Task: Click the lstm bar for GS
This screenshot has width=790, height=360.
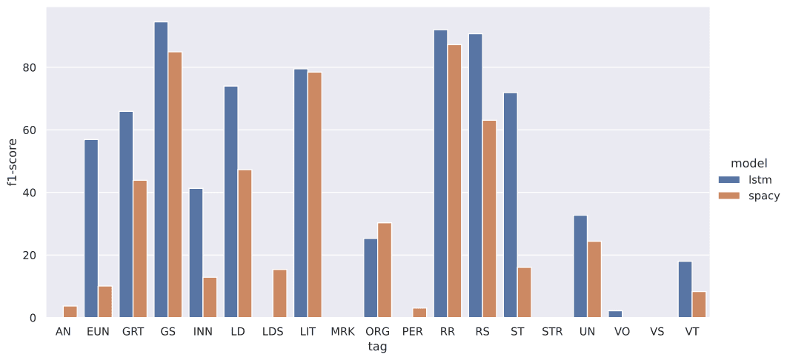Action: (161, 170)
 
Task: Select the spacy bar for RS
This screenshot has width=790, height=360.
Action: (489, 219)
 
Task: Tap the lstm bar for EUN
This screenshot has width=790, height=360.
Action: (91, 229)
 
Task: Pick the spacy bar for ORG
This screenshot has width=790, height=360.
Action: (385, 270)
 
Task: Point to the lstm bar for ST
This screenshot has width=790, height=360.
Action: (511, 205)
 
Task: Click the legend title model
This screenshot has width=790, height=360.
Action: (748, 163)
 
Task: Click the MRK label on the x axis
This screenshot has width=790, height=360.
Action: (342, 332)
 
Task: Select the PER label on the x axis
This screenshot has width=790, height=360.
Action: (413, 332)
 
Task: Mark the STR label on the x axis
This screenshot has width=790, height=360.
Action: (552, 332)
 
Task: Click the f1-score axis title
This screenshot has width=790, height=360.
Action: (13, 162)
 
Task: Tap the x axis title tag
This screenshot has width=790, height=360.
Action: (377, 347)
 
